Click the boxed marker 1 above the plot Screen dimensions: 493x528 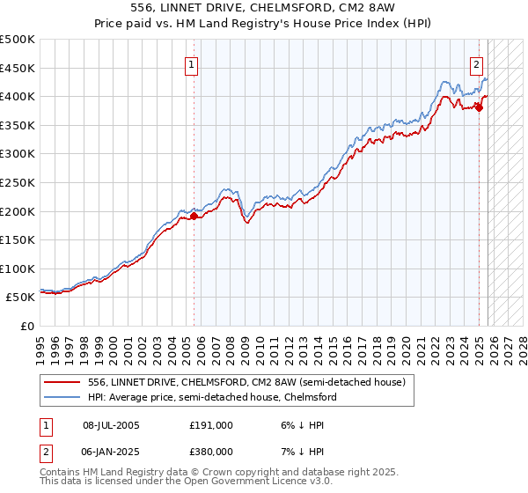tap(191, 63)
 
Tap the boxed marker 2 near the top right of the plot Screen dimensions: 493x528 tap(476, 63)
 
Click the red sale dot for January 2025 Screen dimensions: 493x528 tap(479, 107)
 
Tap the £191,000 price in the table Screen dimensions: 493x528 tap(210, 425)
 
